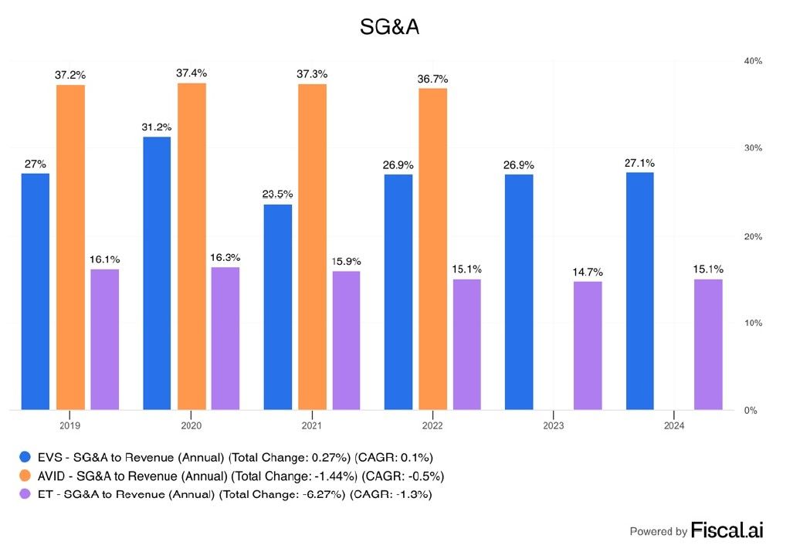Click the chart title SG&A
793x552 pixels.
click(x=389, y=27)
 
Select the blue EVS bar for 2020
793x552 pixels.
click(x=157, y=273)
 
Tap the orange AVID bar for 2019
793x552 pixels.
click(x=70, y=247)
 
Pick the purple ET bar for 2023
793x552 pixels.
click(x=588, y=346)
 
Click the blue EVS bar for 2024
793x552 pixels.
click(x=640, y=291)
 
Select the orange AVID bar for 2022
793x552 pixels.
click(x=433, y=249)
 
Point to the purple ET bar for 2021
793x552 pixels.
click(x=346, y=340)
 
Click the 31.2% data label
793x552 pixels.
click(x=156, y=127)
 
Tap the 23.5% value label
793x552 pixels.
click(x=277, y=194)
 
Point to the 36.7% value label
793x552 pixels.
click(x=432, y=79)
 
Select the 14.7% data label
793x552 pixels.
click(x=588, y=272)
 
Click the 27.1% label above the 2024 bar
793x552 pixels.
click(x=639, y=163)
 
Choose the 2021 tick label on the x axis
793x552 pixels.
click(x=311, y=425)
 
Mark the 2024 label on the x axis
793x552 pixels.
click(x=674, y=425)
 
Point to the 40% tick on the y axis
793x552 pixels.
click(x=753, y=61)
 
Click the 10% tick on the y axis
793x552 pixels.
click(x=753, y=323)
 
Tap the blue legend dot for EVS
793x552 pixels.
click(x=25, y=457)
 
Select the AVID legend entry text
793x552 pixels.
click(x=241, y=476)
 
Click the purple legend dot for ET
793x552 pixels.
click(x=25, y=494)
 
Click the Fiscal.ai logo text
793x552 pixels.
click(x=727, y=530)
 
